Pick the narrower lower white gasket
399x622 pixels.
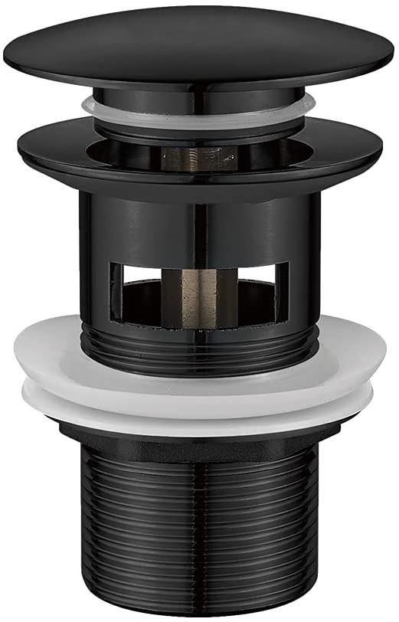(199, 410)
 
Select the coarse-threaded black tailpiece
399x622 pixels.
(199, 529)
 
